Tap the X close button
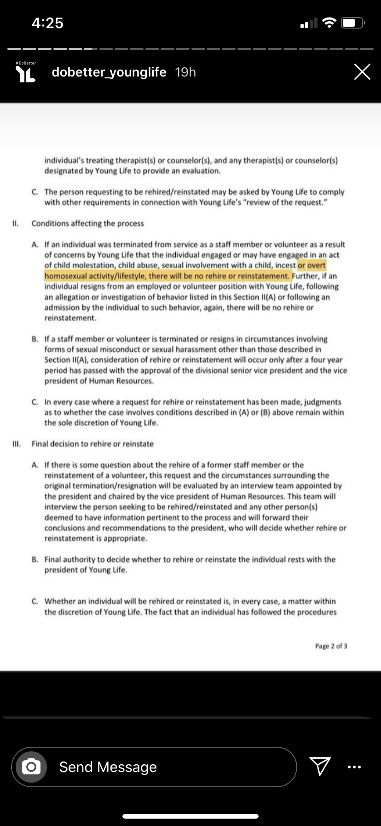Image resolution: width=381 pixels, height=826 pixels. point(362,72)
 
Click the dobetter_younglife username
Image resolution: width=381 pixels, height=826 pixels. point(109,72)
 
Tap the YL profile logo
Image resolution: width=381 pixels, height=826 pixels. point(26,73)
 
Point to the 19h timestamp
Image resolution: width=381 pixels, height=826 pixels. point(185,72)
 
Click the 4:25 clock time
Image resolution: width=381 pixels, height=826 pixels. point(47,23)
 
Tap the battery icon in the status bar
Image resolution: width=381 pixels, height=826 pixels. point(353,23)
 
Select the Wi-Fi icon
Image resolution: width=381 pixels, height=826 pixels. point(329,23)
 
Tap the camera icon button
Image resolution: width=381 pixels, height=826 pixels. point(31,767)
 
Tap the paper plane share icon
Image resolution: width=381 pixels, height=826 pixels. point(320,767)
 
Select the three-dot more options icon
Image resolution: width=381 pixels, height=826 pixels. point(354,767)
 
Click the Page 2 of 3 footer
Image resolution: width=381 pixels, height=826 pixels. point(331,646)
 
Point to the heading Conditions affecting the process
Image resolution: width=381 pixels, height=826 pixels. point(87,224)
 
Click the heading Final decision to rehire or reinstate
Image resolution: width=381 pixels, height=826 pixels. point(92,444)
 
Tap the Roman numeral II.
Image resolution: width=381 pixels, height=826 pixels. point(15,224)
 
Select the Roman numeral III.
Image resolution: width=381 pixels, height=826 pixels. point(16,444)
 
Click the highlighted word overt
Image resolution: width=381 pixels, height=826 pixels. point(317,265)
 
